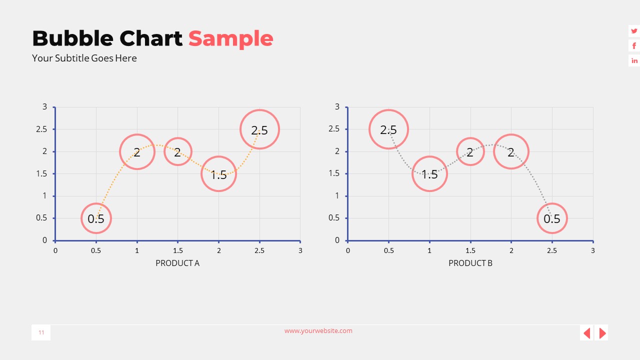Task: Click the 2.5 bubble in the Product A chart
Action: (x=259, y=129)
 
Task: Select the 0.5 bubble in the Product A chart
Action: (x=96, y=218)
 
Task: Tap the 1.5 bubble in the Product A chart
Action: (x=218, y=174)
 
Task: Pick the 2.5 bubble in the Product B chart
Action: (x=388, y=129)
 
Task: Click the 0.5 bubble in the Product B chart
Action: (x=552, y=218)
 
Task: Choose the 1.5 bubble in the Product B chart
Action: (x=429, y=174)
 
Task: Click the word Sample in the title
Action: (x=230, y=38)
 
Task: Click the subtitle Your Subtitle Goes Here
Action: (x=84, y=58)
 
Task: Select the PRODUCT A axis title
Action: (x=177, y=263)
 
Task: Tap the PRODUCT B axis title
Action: (x=470, y=263)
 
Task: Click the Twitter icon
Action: (x=634, y=31)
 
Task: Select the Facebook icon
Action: (x=634, y=46)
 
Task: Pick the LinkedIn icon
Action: (x=634, y=61)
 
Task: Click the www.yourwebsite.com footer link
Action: (x=318, y=330)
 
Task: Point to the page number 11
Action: (x=41, y=332)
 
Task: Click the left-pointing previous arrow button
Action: (x=587, y=333)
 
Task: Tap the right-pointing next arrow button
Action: (x=602, y=333)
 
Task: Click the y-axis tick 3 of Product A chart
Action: (x=44, y=106)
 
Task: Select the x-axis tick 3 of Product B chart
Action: (x=593, y=250)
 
